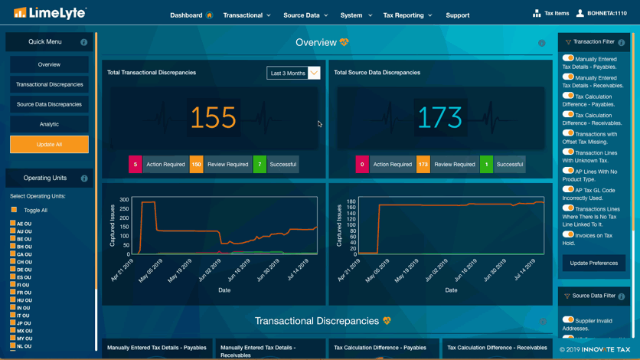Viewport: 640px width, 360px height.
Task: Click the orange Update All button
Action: [x=49, y=145]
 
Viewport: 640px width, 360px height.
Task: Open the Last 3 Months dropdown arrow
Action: [x=314, y=73]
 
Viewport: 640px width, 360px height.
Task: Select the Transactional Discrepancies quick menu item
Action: [x=49, y=84]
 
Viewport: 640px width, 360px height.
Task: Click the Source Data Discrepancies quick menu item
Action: [x=49, y=104]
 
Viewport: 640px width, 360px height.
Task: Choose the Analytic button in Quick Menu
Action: [x=49, y=124]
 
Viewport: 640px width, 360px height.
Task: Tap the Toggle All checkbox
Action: [x=14, y=210]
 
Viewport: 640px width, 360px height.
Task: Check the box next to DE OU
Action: [x=13, y=270]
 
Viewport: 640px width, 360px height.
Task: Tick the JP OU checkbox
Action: [x=13, y=323]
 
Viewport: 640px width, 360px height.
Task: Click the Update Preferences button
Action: [x=594, y=263]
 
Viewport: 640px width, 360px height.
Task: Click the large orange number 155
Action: [x=213, y=117]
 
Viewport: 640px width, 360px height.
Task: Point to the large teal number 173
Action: [x=440, y=117]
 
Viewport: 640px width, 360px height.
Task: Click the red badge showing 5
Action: [x=135, y=165]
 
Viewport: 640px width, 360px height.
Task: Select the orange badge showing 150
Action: [x=196, y=165]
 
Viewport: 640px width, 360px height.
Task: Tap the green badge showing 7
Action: [x=260, y=165]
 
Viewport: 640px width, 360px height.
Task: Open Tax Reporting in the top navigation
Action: [x=407, y=15]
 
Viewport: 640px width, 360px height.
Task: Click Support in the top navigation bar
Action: [x=458, y=15]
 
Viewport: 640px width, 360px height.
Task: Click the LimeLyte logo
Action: [x=50, y=13]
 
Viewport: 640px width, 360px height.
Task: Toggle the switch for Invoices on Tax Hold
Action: [x=568, y=234]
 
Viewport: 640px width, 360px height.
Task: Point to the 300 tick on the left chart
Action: [x=124, y=200]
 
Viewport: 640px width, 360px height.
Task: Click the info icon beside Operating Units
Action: [x=84, y=178]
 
